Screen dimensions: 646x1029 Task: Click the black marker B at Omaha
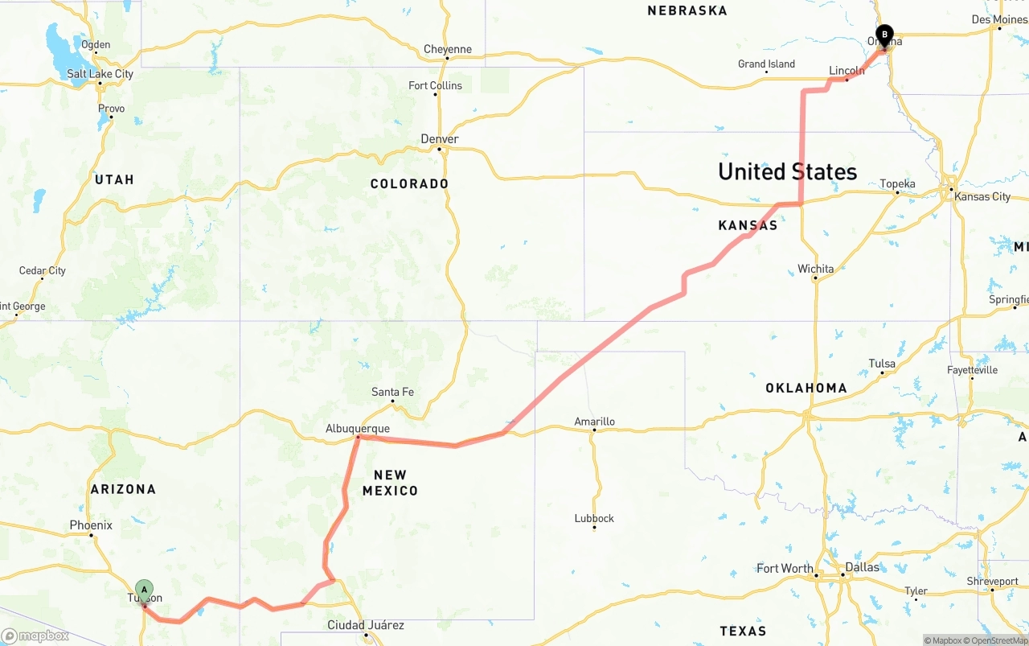coord(884,35)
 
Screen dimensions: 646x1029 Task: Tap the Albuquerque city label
coord(358,429)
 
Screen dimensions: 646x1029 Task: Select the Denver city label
coord(440,139)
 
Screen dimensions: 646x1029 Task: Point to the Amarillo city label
coord(594,422)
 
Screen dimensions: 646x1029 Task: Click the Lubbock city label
coord(594,518)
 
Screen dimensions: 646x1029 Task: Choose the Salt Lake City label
coord(100,74)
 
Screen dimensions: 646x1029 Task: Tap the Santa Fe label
coord(392,392)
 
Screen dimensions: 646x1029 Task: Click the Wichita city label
coord(815,269)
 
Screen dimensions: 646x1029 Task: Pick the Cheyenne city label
coord(448,49)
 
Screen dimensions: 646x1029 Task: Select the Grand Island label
coord(766,64)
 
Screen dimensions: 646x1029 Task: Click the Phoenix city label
coord(91,525)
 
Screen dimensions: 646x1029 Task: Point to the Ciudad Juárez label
coord(366,625)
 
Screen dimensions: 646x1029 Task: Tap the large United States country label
coord(787,171)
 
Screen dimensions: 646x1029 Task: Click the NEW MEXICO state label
coord(390,483)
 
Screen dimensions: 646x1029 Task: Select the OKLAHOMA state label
coord(806,388)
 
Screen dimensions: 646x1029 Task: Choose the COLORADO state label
coord(409,183)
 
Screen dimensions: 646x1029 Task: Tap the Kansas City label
coord(982,197)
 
